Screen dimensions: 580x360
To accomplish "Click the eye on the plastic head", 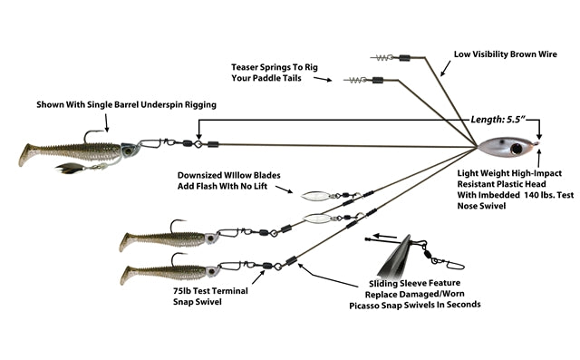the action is pos(517,149).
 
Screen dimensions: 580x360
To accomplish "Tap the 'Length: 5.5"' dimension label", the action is pos(498,120).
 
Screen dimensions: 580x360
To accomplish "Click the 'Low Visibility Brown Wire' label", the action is pos(506,54).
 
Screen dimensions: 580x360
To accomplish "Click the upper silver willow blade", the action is pos(315,196).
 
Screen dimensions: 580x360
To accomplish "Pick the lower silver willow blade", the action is pos(317,219).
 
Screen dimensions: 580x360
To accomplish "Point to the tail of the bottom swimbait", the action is pos(128,276).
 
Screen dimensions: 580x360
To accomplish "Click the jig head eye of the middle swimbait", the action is pos(210,238).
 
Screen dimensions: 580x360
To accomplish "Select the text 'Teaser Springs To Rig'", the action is pos(275,67).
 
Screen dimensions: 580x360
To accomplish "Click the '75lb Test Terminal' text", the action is pos(210,291).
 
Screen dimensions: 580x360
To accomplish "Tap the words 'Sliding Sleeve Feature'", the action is pos(415,284).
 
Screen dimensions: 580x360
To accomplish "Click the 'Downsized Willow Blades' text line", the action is pos(229,175).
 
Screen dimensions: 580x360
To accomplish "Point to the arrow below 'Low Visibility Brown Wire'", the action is pos(446,68).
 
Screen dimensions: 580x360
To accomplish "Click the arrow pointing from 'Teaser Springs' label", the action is pos(323,79).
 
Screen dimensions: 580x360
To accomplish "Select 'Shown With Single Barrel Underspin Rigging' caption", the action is pos(127,104).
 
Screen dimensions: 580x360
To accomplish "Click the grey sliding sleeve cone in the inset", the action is pos(396,256).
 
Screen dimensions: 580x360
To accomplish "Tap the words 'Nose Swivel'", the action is pos(481,206).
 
